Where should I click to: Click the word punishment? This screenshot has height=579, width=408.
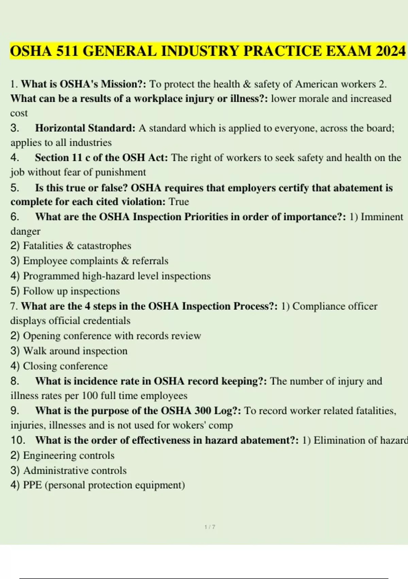coord(120,172)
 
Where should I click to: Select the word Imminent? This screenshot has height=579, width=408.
coord(382,217)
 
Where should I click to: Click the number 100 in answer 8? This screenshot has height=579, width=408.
coord(90,396)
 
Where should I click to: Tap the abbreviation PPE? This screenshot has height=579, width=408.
coord(32,485)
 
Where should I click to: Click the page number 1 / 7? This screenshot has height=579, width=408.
coord(210,527)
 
